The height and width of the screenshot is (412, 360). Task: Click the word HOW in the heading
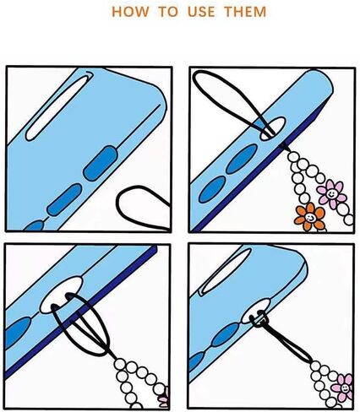pos(130,12)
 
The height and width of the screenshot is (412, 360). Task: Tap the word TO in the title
pos(168,12)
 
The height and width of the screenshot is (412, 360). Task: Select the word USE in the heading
pos(201,12)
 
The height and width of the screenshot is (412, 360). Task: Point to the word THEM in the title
pos(245,12)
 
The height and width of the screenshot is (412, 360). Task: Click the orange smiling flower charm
pos(310,217)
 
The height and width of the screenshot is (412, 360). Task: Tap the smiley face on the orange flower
pos(310,217)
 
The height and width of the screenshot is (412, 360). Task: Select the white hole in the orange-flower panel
pos(273,128)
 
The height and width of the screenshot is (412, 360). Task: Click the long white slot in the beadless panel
pos(59,107)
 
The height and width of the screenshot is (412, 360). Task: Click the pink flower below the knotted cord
pos(342,388)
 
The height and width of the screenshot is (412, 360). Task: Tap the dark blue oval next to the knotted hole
pos(226,334)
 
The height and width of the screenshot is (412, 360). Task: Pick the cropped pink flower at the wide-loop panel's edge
pos(164,397)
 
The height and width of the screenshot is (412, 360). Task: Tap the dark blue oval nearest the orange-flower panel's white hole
pos(242,159)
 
